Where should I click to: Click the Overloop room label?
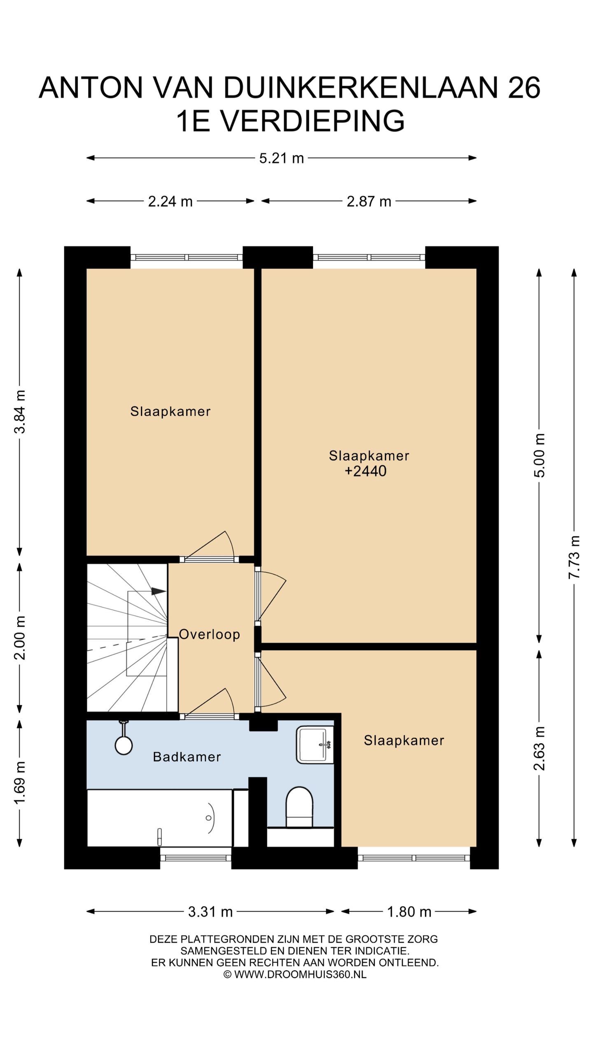click(209, 634)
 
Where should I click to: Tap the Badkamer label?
click(187, 757)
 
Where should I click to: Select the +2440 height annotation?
click(366, 471)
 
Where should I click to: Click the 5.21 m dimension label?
click(281, 158)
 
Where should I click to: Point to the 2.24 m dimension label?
click(170, 201)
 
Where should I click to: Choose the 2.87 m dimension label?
click(369, 201)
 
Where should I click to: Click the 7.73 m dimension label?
click(574, 557)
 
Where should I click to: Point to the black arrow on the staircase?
click(159, 591)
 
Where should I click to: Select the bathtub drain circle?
click(209, 818)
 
